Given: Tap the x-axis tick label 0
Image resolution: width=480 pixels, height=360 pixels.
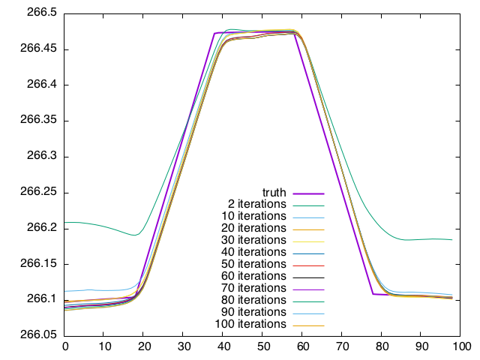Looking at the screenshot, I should tap(65, 346).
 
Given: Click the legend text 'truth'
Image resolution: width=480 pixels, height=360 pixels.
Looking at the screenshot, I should tap(274, 192).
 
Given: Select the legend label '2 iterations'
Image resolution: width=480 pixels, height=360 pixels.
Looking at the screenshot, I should tap(256, 204).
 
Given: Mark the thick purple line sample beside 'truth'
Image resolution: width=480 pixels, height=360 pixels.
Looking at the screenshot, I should tap(307, 193).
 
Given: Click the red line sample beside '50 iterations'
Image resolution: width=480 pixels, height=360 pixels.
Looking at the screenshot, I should tap(307, 265).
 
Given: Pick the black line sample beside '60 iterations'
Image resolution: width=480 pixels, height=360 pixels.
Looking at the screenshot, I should tap(307, 277).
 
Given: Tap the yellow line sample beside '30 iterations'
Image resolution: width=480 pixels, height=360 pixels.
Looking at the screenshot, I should tap(307, 241).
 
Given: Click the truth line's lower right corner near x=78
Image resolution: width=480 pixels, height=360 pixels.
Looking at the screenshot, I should tap(373, 294).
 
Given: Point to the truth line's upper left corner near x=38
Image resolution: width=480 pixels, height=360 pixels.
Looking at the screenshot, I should tap(215, 33).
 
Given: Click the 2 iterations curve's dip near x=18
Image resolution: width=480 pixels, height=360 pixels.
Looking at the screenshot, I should tap(136, 235).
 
